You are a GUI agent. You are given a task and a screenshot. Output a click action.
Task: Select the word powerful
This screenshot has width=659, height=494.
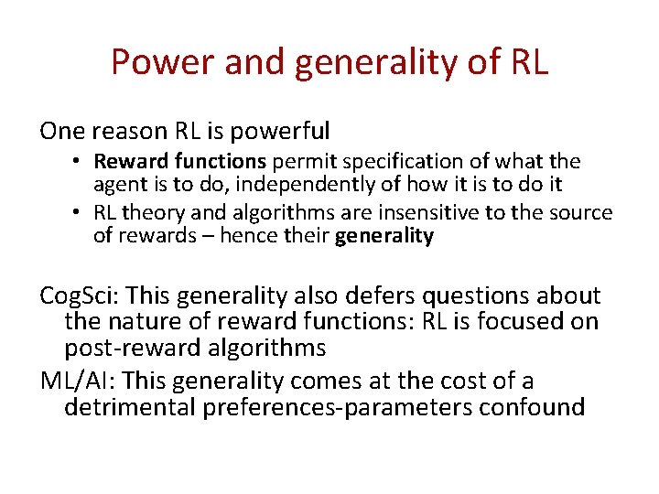[x=284, y=132]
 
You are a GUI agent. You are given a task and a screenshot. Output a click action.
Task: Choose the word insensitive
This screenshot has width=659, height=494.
[x=435, y=213]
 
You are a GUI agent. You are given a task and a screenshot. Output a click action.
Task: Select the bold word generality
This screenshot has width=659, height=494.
[x=384, y=236]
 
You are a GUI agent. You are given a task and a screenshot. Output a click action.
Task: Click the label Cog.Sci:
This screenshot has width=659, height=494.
[x=79, y=296]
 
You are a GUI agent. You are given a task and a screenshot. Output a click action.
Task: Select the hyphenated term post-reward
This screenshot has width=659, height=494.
[x=125, y=349]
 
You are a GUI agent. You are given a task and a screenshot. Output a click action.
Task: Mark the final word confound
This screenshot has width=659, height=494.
[x=533, y=406]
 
